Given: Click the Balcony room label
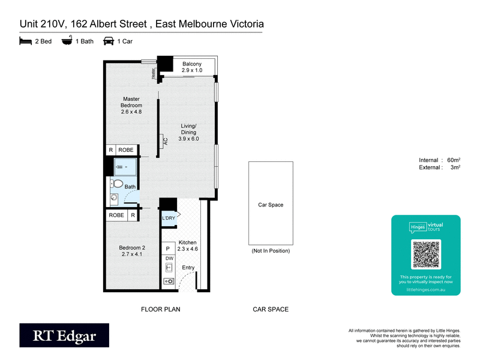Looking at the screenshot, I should click(192, 64).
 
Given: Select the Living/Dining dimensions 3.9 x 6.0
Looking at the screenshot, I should click(188, 139).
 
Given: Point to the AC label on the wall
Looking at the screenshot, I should click(165, 142).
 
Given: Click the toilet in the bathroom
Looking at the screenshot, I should click(118, 184).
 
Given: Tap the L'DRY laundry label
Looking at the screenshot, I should click(168, 218).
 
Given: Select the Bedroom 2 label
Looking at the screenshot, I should click(131, 247).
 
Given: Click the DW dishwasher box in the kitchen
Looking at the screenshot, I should click(169, 258).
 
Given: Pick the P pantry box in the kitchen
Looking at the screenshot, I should click(169, 248).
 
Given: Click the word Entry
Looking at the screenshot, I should click(188, 268).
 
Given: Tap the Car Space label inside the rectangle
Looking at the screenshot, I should click(271, 205).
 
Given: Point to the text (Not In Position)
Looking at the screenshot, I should click(271, 251).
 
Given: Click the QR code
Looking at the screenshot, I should click(425, 255).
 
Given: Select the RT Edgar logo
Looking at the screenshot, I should click(64, 335).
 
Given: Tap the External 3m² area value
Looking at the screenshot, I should click(454, 167).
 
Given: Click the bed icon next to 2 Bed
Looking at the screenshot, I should click(25, 41).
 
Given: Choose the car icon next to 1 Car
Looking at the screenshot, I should click(109, 41).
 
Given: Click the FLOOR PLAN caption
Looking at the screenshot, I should click(160, 310).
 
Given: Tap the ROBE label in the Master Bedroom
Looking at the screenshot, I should click(125, 150).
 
